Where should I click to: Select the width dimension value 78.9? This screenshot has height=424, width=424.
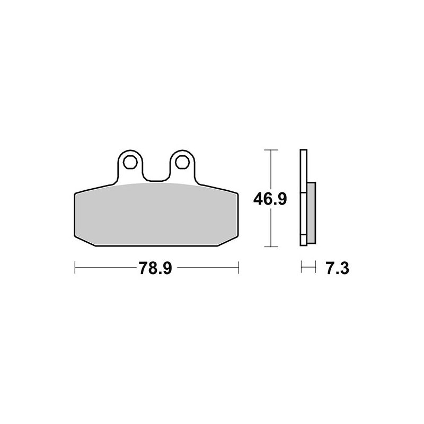(x=156, y=269)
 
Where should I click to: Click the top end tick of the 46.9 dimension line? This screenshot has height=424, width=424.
(x=271, y=151)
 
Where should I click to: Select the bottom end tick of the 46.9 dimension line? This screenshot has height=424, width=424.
(x=271, y=246)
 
